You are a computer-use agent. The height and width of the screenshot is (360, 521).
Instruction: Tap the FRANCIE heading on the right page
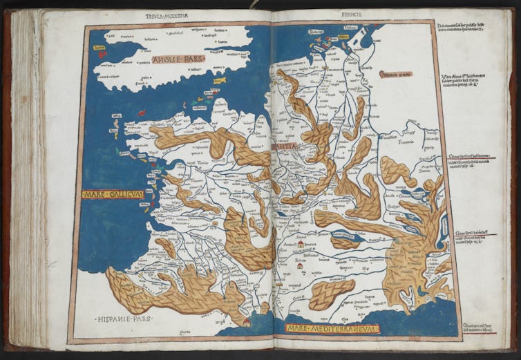352,14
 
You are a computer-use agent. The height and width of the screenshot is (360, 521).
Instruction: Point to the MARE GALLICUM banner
113,194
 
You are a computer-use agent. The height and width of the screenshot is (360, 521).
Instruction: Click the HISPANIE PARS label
124,319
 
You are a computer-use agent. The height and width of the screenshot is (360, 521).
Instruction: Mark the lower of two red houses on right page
299,265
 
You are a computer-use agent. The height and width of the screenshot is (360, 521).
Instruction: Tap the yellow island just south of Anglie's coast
220,80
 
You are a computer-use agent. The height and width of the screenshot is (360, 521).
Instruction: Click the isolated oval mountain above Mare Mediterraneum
332,294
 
